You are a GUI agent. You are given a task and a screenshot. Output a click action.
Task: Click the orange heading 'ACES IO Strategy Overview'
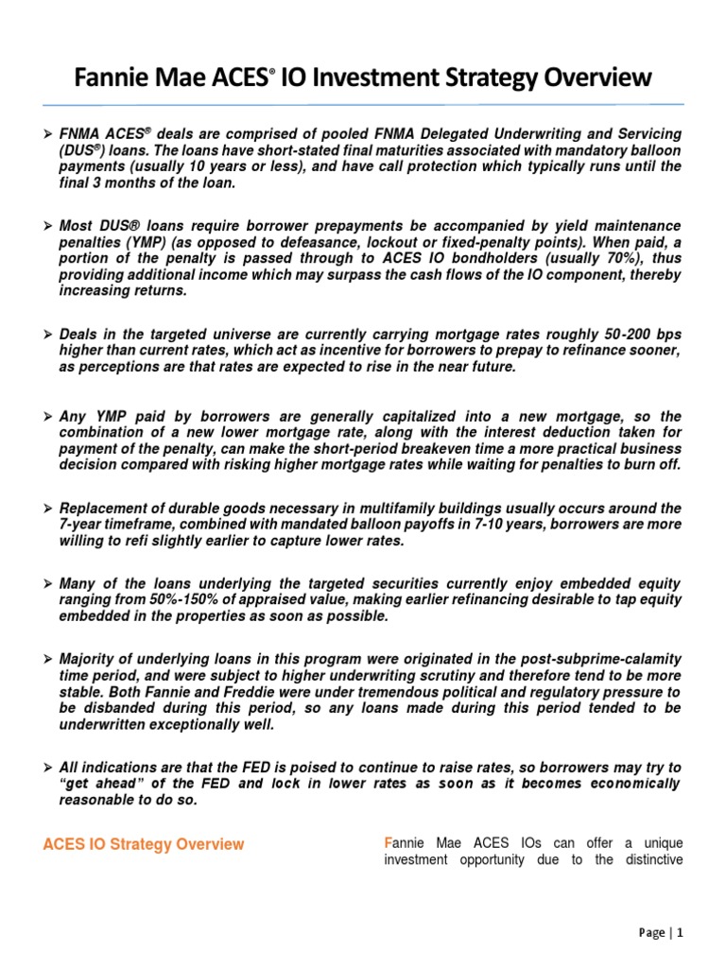(x=144, y=844)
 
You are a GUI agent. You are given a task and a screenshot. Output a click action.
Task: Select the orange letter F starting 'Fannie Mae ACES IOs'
(x=388, y=841)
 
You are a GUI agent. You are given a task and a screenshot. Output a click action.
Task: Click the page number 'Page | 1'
(x=661, y=932)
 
